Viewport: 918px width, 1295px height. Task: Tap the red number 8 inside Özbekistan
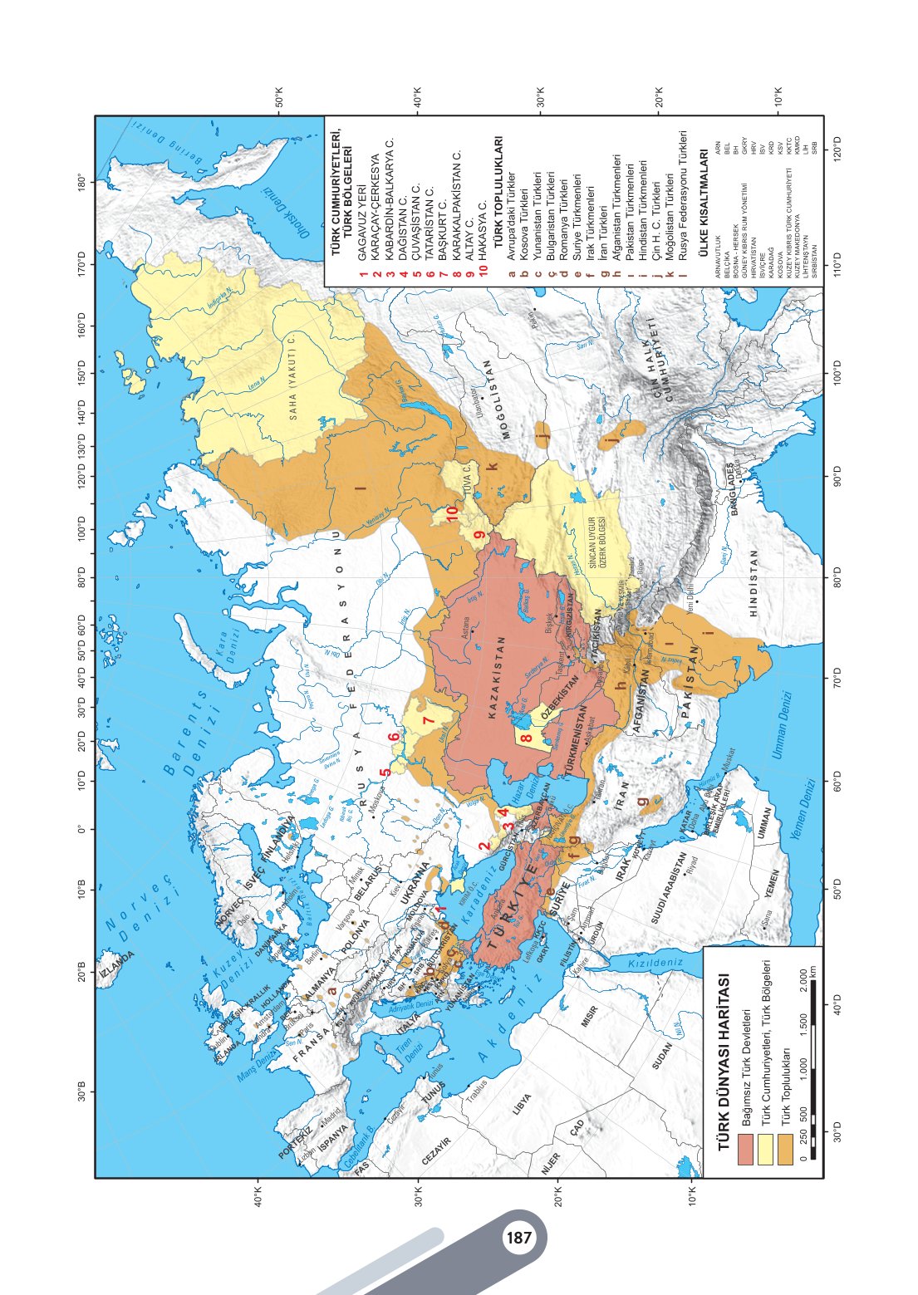tap(526, 738)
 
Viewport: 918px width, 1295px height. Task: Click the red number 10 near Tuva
tap(452, 513)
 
